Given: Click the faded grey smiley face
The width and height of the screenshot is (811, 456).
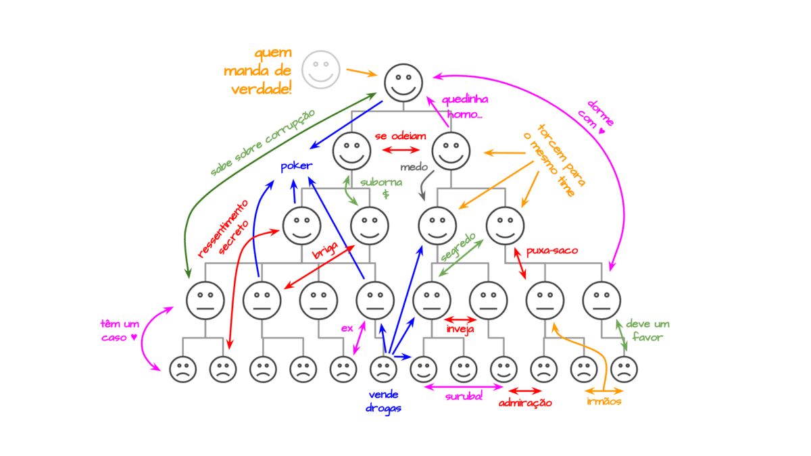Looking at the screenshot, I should [321, 69].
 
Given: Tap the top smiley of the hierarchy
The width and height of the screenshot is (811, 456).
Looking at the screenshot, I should [403, 82].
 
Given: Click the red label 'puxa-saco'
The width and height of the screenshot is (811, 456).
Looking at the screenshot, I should [552, 251].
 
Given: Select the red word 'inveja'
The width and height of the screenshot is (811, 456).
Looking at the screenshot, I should [460, 329].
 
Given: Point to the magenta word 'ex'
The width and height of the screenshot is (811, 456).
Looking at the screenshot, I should [347, 328].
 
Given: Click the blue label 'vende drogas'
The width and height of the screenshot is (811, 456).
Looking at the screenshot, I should [383, 401].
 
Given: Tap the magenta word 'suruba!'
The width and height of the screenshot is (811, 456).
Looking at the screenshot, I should [464, 396].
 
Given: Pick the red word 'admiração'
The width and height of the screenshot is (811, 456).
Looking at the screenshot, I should [525, 403].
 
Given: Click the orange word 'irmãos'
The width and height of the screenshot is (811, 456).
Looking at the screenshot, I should [604, 402].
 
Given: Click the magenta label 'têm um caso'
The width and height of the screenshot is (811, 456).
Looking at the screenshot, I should [120, 330].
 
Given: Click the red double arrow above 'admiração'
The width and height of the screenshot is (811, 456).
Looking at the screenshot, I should [525, 390].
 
